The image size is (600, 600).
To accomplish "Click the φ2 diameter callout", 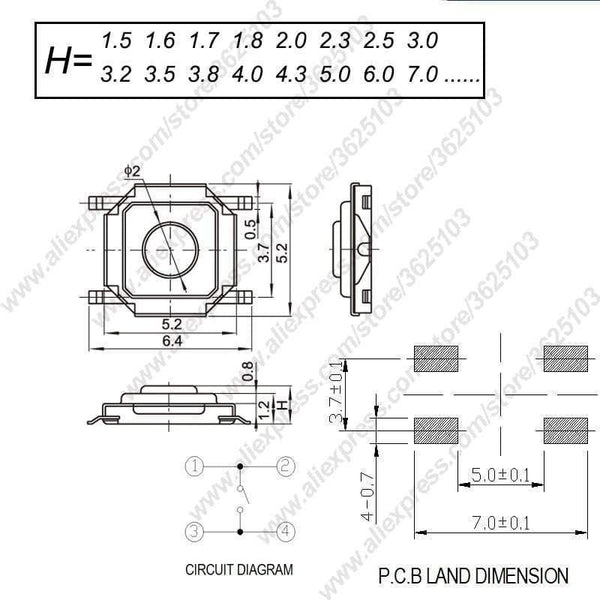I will click(x=132, y=173).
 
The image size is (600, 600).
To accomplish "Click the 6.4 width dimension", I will click(x=172, y=341).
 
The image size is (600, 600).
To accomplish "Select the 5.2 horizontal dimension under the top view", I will click(x=172, y=324).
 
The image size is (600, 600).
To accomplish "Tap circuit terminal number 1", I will click(x=195, y=465).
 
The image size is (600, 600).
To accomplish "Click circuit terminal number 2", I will click(x=285, y=465).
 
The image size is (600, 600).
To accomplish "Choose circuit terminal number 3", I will click(x=195, y=530).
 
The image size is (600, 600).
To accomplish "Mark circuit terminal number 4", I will click(x=285, y=530).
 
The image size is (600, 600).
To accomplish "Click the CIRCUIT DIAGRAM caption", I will click(x=240, y=570).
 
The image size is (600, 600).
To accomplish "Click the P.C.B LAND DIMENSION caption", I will click(x=473, y=576).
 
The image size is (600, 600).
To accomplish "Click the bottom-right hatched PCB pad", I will click(x=565, y=431).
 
